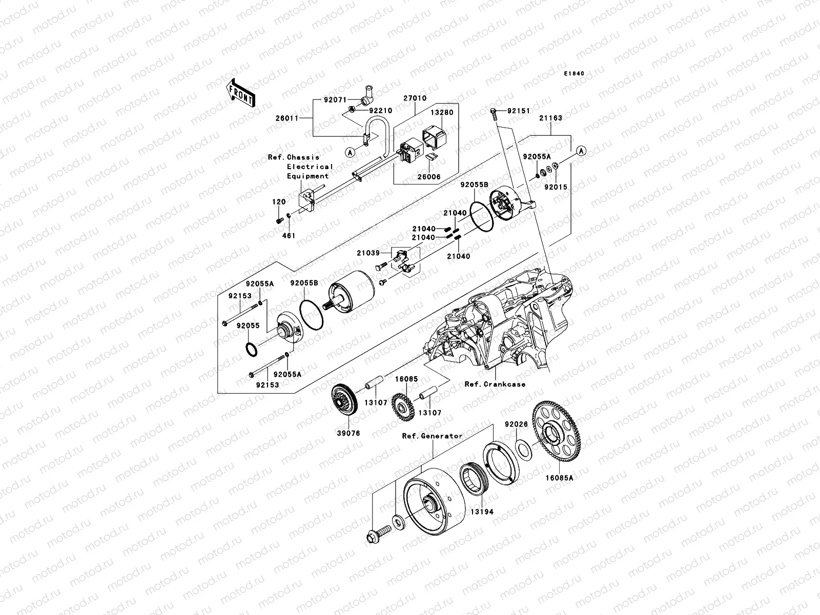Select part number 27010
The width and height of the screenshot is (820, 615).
coord(415,98)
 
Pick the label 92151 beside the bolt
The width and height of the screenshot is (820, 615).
coord(519,111)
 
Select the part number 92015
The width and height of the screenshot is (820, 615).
coord(556,188)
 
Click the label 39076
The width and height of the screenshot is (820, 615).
coord(349,433)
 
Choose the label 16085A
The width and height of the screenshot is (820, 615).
coord(559,478)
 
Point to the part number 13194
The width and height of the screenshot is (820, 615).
coord(482,511)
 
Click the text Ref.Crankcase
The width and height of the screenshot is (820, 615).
coord(495,384)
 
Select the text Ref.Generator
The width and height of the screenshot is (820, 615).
coord(432,436)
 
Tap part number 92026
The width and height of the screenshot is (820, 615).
coord(516,424)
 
